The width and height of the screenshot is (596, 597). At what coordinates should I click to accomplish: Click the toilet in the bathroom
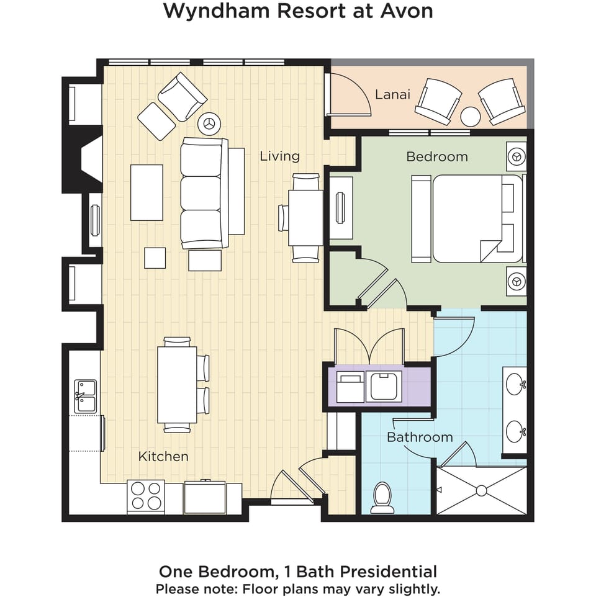click(382, 498)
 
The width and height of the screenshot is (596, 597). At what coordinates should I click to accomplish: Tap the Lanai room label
click(392, 94)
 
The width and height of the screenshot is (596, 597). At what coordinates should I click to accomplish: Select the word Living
click(279, 156)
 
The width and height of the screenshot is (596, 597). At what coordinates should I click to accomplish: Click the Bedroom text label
click(436, 156)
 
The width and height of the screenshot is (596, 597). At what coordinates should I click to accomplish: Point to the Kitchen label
click(163, 457)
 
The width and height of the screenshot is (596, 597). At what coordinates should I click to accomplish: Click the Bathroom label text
click(420, 437)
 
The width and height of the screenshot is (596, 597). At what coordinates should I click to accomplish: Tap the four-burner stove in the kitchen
click(146, 496)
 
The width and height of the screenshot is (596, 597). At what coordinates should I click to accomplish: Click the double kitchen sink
click(85, 397)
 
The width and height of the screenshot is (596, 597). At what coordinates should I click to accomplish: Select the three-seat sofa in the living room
click(201, 194)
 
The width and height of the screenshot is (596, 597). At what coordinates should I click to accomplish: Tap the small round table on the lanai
click(471, 116)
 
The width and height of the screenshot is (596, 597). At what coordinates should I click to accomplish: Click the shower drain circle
click(481, 490)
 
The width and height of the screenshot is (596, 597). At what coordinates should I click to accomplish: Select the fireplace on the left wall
click(84, 161)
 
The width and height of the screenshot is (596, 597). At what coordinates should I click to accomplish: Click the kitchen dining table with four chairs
click(177, 385)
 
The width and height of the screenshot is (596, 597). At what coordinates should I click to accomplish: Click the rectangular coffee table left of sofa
click(147, 192)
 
